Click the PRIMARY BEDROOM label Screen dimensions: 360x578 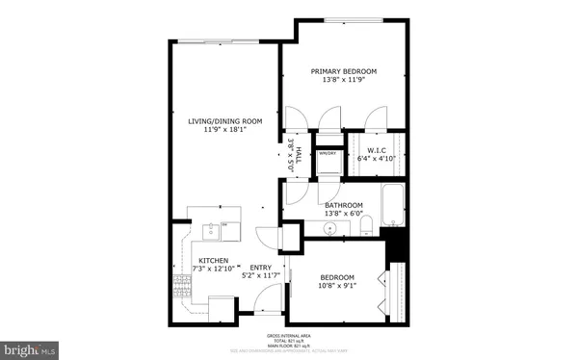(343, 71)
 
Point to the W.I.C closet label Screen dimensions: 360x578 (378, 149)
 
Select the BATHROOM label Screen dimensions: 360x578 (343, 205)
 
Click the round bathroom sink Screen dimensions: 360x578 (332, 229)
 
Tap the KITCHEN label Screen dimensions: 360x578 (213, 261)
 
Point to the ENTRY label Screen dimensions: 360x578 (261, 268)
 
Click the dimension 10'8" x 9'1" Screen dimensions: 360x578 (338, 285)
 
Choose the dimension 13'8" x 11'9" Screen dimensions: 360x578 (343, 81)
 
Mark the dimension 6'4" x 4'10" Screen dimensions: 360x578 (378, 158)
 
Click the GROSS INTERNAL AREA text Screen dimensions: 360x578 (288, 336)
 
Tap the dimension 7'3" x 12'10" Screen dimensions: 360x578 (213, 270)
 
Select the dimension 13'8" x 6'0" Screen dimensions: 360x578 (343, 214)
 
